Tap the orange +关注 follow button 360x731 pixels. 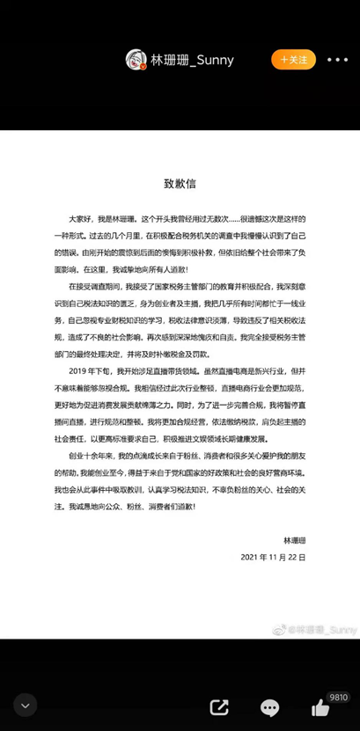pos(294,60)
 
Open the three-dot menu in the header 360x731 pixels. pos(338,60)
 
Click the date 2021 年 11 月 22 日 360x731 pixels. pos(272,558)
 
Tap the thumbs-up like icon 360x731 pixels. pos(319,706)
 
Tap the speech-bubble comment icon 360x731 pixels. pos(270,706)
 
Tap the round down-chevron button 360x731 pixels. pos(25,705)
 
